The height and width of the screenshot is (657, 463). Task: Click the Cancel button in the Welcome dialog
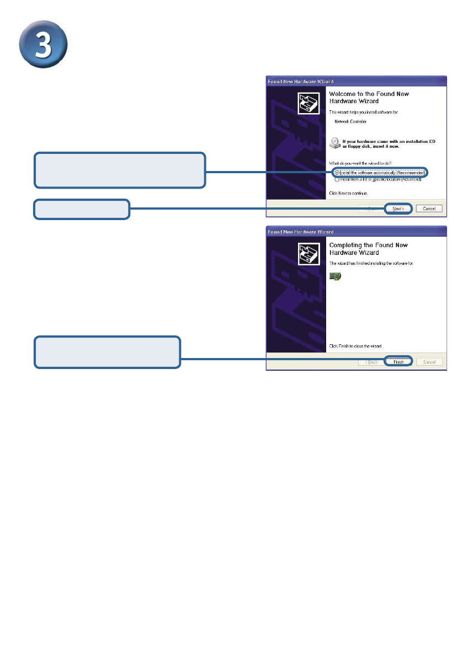[x=429, y=209]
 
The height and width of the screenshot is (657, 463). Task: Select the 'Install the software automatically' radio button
[x=337, y=173]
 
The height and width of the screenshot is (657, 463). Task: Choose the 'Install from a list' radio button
[x=337, y=179]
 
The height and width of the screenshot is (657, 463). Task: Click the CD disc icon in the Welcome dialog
[x=334, y=143]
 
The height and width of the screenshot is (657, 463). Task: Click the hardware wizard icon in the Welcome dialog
[x=308, y=103]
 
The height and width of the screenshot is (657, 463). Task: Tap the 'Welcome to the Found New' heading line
[x=369, y=94]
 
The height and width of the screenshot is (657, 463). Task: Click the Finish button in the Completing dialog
[x=398, y=362]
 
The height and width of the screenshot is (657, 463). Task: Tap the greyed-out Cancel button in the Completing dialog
[x=429, y=362]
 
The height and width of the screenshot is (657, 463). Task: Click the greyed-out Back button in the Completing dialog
[x=370, y=362]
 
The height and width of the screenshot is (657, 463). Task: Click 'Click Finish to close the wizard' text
[x=355, y=346]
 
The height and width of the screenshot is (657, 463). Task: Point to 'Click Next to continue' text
[x=348, y=194]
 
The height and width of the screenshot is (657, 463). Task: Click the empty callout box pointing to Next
[x=82, y=209]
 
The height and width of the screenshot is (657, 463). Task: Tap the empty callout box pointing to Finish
[x=108, y=352]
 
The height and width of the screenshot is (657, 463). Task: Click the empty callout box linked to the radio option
[x=120, y=170]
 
